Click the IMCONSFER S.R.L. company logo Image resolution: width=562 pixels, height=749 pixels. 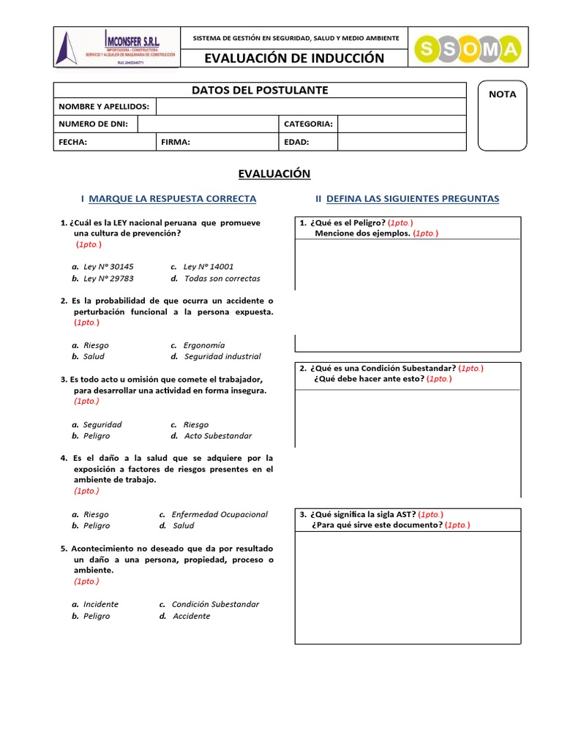point(116,49)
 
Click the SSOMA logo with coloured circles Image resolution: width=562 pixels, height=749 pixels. point(468,49)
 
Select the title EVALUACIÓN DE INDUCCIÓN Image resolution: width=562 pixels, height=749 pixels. point(294,59)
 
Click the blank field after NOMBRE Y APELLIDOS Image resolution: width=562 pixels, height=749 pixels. point(310,107)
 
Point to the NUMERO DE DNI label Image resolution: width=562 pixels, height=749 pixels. point(93,124)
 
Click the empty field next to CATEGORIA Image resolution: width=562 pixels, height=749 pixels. point(401,124)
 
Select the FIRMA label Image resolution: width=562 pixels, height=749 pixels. point(176,143)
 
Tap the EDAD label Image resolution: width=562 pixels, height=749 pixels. point(296,143)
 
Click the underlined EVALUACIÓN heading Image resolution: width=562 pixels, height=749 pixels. point(274,173)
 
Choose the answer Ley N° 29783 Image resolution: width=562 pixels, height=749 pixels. point(108,279)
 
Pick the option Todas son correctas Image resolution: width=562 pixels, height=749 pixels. point(222,279)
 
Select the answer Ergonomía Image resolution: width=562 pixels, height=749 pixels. point(204,345)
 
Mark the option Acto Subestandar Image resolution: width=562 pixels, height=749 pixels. point(217,436)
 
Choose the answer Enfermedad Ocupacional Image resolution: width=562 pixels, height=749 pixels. point(220,514)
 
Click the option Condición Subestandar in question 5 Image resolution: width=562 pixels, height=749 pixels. point(215,604)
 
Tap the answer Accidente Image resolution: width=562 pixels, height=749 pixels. point(191,616)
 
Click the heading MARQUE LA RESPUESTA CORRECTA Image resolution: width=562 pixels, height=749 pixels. point(172,199)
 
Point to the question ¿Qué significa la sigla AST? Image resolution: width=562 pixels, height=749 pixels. point(364,514)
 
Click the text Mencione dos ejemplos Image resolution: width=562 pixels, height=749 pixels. point(361,233)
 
